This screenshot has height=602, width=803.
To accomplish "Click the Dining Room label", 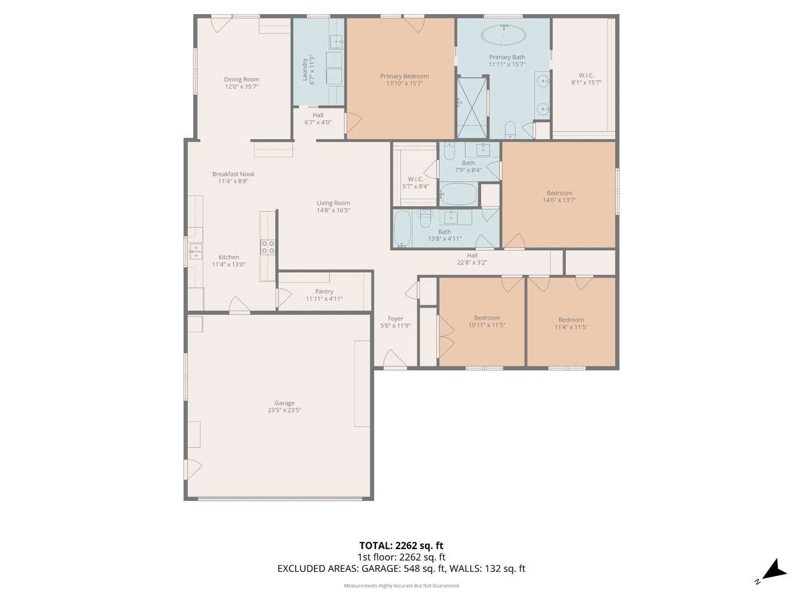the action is click(242, 80).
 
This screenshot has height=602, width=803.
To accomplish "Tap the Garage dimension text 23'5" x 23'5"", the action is click(284, 410).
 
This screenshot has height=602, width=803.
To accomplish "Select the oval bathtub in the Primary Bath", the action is click(504, 35).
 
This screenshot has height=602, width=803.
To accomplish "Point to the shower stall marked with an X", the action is click(472, 108).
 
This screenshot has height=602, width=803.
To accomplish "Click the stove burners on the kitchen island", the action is click(268, 247).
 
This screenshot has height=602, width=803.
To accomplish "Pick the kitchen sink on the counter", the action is click(195, 252).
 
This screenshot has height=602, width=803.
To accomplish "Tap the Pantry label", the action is click(324, 292).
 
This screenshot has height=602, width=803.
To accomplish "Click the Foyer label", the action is click(395, 319).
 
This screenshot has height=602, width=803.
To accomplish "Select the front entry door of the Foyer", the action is click(395, 360).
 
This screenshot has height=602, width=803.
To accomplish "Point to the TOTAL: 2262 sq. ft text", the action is click(401, 546).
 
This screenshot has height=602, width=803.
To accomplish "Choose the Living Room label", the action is click(333, 203).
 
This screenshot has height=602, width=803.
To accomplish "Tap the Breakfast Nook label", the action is click(234, 174).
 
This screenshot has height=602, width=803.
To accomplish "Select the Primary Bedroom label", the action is click(404, 76).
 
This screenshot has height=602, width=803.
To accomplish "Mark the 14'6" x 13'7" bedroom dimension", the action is click(559, 200).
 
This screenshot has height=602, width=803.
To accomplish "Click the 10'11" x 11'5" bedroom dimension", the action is click(487, 325).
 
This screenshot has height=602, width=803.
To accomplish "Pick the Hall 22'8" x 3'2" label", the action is click(472, 259).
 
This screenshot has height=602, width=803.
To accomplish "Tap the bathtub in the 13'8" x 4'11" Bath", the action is click(402, 228).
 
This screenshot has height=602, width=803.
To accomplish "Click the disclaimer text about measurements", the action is click(401, 585).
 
